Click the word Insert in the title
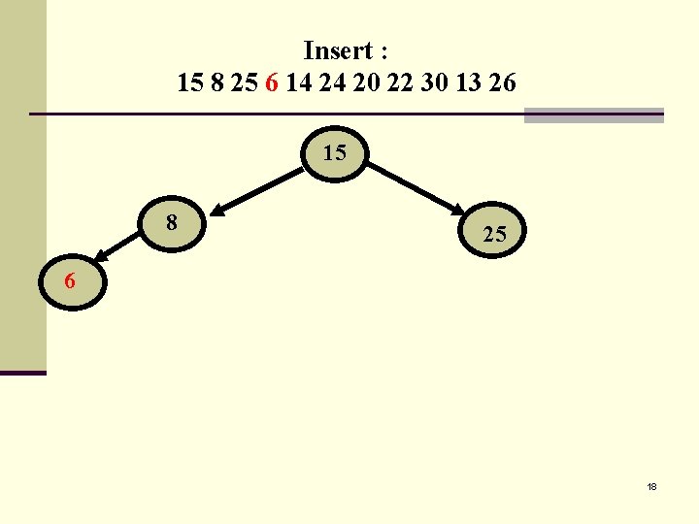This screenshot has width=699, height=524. tap(339, 50)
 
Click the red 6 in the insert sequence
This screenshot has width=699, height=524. tap(272, 83)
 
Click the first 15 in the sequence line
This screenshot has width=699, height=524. tap(190, 83)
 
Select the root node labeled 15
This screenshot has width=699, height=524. tap(335, 153)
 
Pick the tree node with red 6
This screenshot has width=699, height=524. tap(71, 282)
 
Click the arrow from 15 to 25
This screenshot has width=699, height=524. tap(416, 187)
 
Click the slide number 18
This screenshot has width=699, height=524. tap(651, 486)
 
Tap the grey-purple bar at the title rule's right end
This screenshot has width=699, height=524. tap(593, 115)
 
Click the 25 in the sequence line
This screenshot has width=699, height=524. tap(245, 83)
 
